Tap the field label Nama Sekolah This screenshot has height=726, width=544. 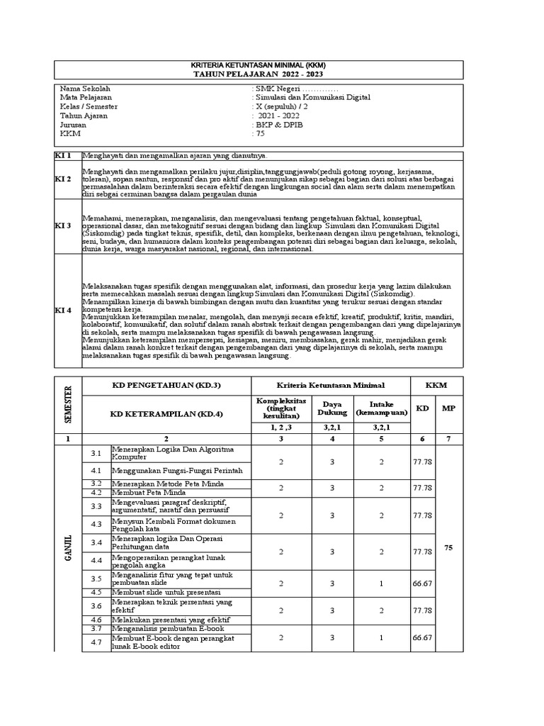coord(85,89)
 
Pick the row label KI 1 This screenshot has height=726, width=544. coord(64,155)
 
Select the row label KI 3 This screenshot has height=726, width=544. coord(64,225)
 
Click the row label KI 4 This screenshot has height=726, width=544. coord(64,311)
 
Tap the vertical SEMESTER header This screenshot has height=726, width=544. coord(69,403)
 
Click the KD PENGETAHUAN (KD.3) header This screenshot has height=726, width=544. coord(166,384)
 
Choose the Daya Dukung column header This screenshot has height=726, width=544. coord(332,408)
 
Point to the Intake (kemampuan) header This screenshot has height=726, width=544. coord(382,408)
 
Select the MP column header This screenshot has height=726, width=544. coord(448,408)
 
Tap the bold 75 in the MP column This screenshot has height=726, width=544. coord(448,548)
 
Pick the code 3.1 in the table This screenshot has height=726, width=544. coord(97,453)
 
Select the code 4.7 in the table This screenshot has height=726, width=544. coord(97,642)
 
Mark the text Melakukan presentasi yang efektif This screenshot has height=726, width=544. coord(171,619)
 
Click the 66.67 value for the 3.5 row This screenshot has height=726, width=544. coord(423,583)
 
